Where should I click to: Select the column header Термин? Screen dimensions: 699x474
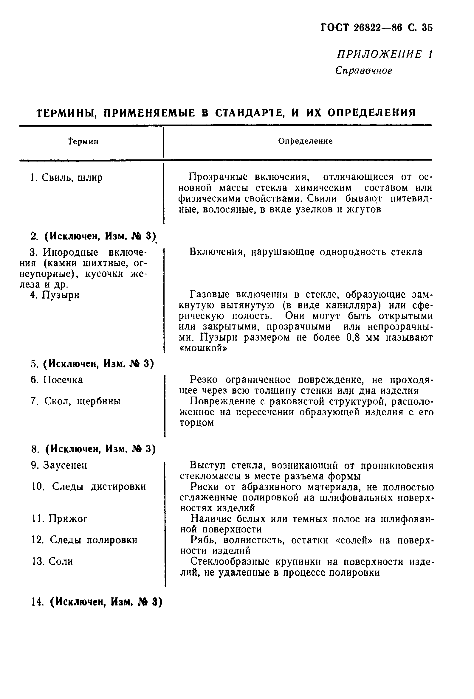tap(83, 141)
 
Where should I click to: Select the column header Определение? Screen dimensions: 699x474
tap(305, 141)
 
